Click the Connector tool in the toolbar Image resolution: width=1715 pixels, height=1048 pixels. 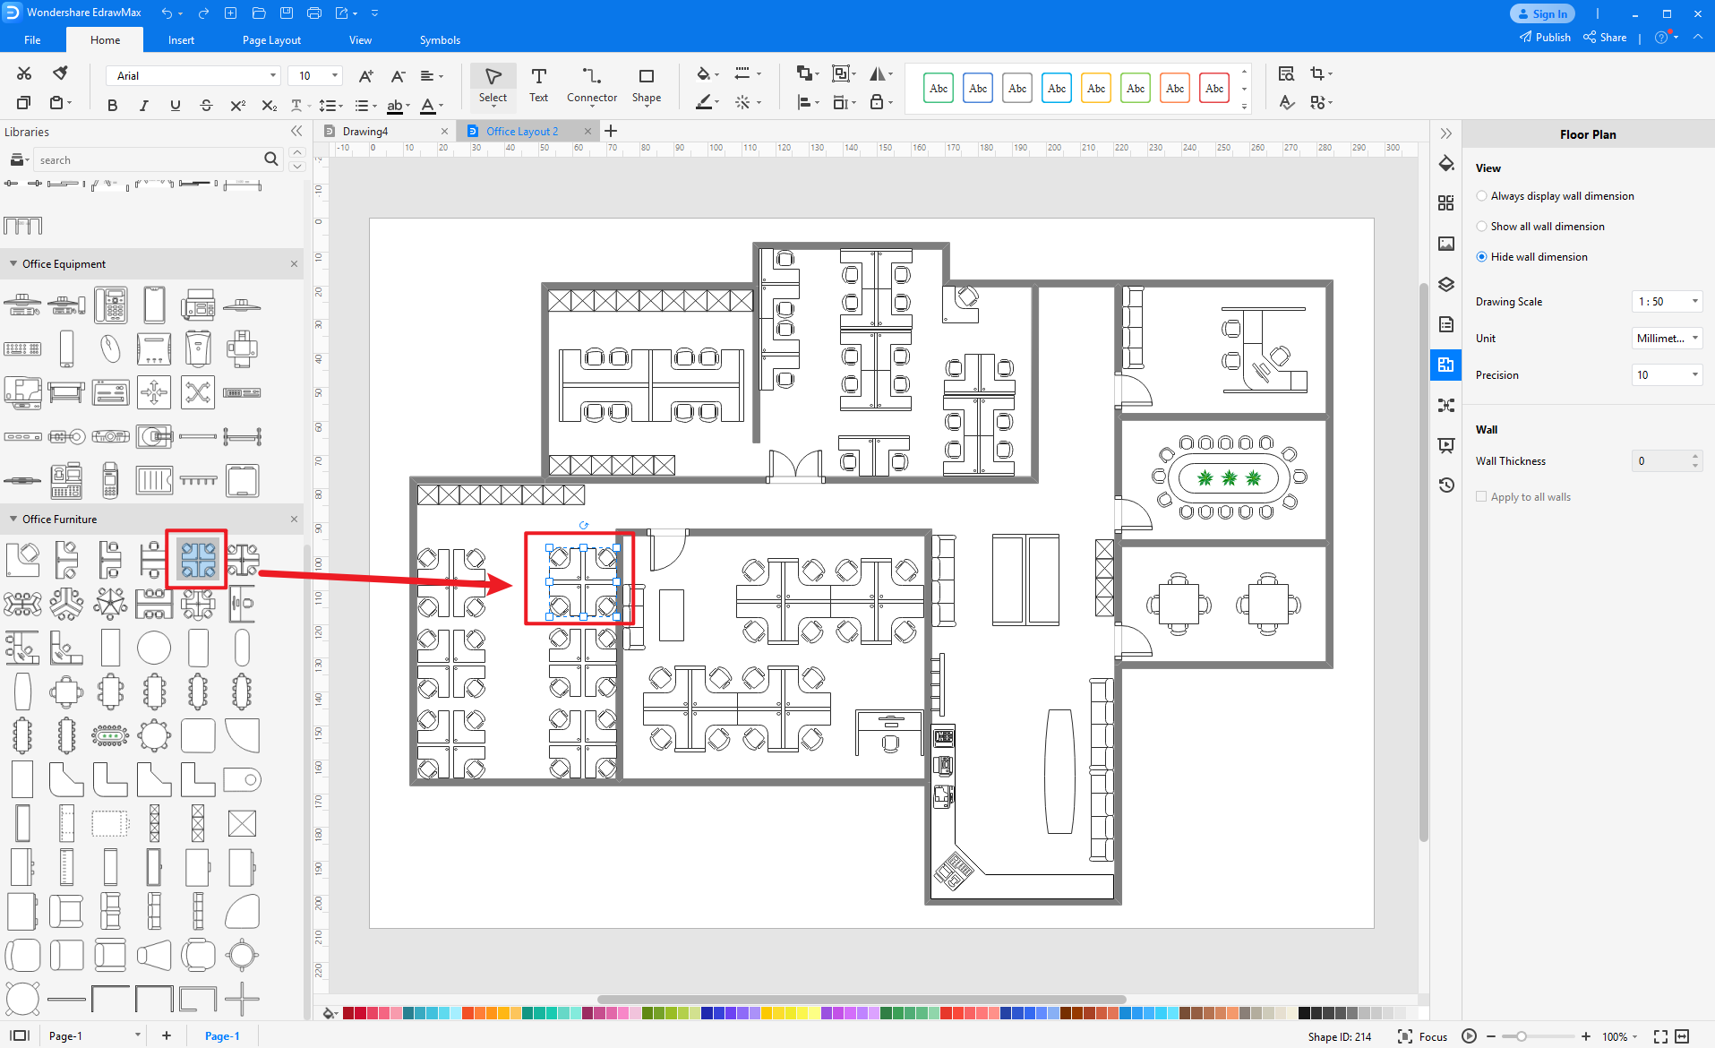tap(591, 85)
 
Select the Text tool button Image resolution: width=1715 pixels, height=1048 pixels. tap(538, 85)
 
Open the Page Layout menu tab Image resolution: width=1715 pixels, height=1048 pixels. tap(271, 40)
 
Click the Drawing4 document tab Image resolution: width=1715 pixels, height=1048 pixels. tap(365, 132)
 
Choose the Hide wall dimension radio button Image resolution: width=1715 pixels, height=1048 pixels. tap(1482, 257)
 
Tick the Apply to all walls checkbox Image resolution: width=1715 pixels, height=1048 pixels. tap(1481, 497)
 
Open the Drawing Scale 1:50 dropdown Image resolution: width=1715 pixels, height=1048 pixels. tap(1667, 302)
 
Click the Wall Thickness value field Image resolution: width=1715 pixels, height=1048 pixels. tap(1661, 461)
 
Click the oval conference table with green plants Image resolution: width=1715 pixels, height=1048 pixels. tap(1229, 477)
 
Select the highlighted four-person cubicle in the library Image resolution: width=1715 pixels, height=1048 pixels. tap(198, 559)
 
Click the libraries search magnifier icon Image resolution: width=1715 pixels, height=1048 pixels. tap(271, 159)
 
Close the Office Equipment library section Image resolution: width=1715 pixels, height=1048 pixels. tap(294, 264)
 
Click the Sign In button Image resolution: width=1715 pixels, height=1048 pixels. tap(1542, 13)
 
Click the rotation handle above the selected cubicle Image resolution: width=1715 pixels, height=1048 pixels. tap(584, 526)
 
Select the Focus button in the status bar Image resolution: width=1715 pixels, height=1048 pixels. tap(1423, 1036)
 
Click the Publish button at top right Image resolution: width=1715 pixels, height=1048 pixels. tap(1545, 38)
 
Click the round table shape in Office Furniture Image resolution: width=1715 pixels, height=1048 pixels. tap(154, 648)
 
